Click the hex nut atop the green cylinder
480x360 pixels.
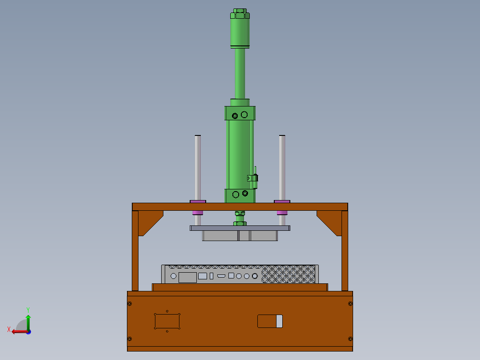(240, 13)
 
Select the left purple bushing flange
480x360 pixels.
(198, 201)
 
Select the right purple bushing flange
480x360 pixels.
(282, 201)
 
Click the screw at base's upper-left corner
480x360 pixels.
(130, 304)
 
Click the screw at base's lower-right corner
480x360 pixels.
(350, 339)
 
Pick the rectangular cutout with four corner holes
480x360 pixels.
(167, 321)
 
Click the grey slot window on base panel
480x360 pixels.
(279, 321)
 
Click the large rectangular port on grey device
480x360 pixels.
(187, 277)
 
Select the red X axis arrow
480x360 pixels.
(18, 331)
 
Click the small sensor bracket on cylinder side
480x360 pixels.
(253, 178)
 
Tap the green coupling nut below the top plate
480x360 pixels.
(240, 218)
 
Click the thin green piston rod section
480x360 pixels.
(240, 74)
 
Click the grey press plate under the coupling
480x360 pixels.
(240, 228)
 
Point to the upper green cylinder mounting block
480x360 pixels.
(240, 113)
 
